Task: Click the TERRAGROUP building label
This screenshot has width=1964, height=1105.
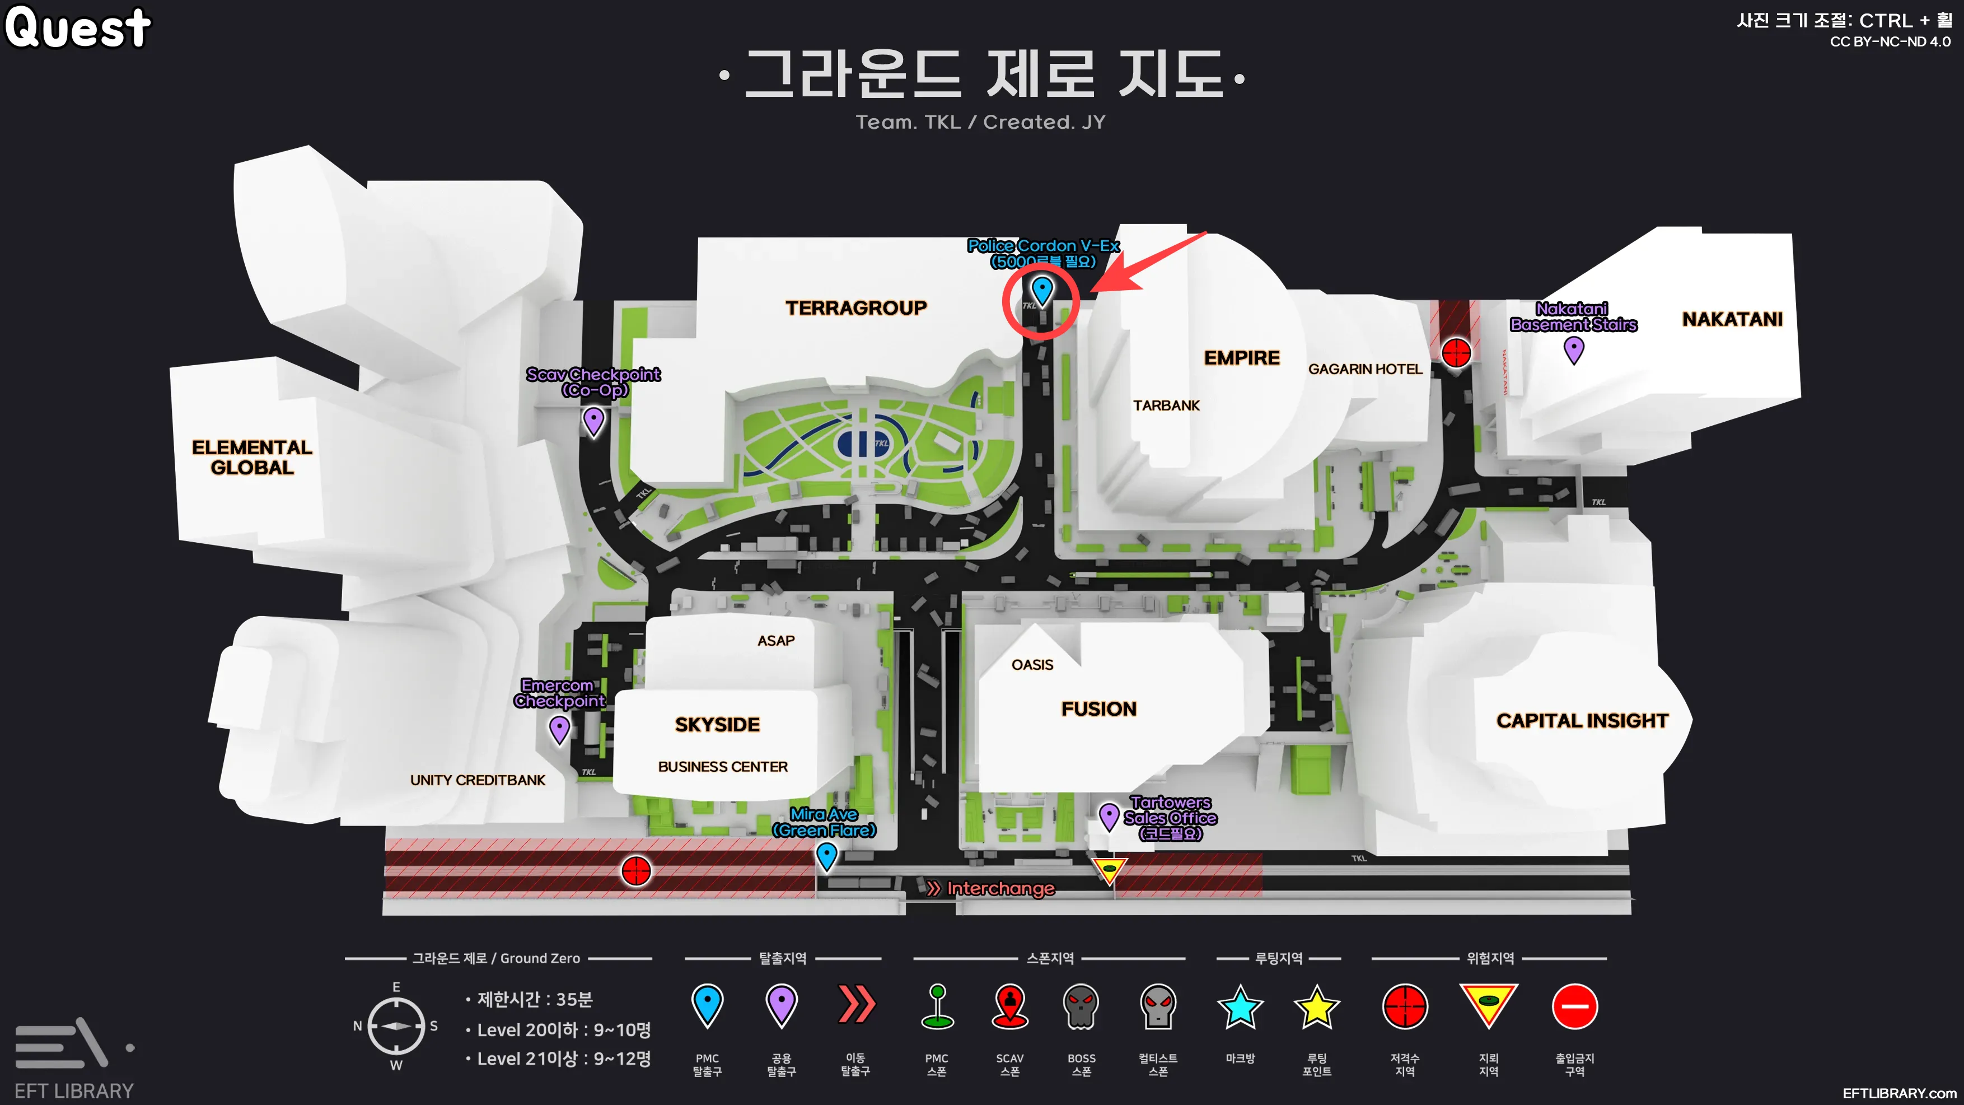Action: pos(856,307)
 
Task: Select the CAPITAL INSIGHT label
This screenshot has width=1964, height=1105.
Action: pos(1582,721)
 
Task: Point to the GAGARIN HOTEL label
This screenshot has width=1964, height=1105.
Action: pos(1365,369)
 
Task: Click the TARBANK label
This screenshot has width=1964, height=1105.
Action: pos(1166,405)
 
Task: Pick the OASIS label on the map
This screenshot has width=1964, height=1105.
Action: pos(1032,665)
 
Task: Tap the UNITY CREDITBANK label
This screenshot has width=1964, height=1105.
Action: pos(477,780)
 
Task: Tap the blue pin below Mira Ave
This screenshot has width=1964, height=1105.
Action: pos(826,856)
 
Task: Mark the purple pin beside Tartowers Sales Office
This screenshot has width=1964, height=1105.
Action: pos(1109,816)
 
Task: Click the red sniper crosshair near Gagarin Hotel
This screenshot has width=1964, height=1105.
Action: pos(1456,353)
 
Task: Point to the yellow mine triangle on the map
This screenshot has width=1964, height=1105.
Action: pos(1109,869)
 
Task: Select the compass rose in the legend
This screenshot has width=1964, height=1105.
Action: pos(396,1025)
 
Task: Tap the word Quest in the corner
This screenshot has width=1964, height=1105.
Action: pos(78,27)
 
